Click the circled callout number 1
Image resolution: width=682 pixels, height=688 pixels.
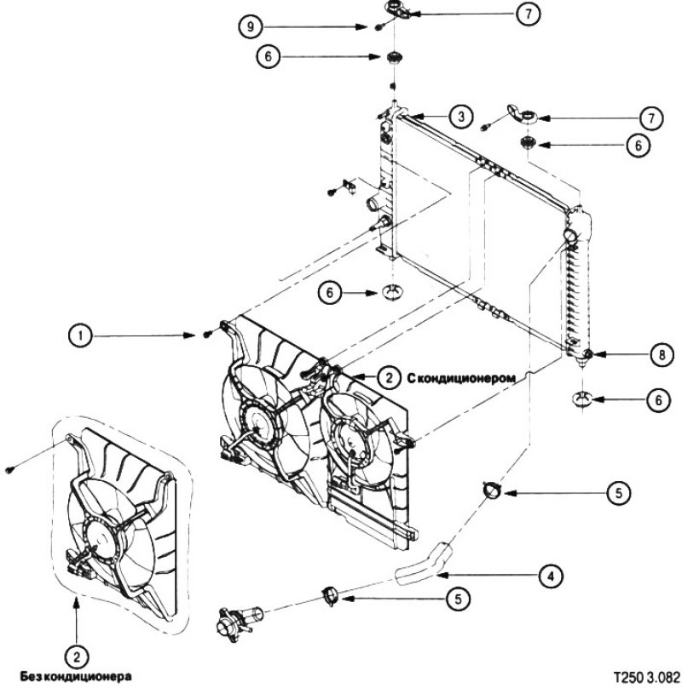click(80, 336)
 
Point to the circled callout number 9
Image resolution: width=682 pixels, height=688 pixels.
click(249, 26)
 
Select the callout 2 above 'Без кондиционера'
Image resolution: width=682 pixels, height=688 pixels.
click(78, 656)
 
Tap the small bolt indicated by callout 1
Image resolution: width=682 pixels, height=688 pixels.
click(208, 334)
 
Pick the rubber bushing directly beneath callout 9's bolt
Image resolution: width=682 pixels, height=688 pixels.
click(395, 60)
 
